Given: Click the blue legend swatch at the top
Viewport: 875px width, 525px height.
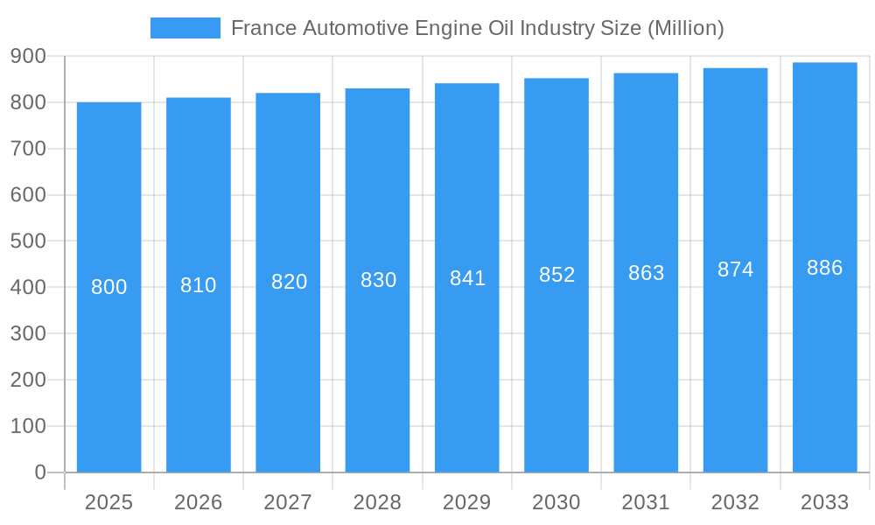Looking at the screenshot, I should point(185,28).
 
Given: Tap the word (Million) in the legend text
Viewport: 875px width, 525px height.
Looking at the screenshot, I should point(685,28).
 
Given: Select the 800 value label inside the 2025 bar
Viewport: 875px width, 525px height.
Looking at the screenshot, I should point(109,287).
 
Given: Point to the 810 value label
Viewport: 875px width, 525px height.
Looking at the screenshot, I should point(199,285).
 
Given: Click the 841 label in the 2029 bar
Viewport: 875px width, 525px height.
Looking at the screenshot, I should point(467,278).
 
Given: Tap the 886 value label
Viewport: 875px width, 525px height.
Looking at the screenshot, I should point(824,268).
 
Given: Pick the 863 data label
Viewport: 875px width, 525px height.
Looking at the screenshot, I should point(646,273).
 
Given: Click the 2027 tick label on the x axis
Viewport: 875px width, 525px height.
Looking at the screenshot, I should point(288,502).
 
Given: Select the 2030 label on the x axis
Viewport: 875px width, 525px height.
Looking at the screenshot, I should point(556,502).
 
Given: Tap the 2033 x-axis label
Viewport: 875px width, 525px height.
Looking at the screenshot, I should point(824,502).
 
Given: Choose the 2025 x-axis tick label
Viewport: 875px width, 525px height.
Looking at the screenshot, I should point(109,502).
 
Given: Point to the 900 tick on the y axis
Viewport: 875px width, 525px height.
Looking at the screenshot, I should point(28,56).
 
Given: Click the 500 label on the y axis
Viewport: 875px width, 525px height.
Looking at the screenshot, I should point(28,241).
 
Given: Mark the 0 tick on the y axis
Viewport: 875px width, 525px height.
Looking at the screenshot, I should point(40,472).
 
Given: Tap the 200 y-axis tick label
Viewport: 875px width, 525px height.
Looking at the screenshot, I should point(28,380).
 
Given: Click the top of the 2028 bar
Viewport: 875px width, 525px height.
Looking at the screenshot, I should point(377,89).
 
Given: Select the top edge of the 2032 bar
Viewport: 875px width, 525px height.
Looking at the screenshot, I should point(735,69).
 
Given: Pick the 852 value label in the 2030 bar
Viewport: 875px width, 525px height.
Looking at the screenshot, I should point(556,275).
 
